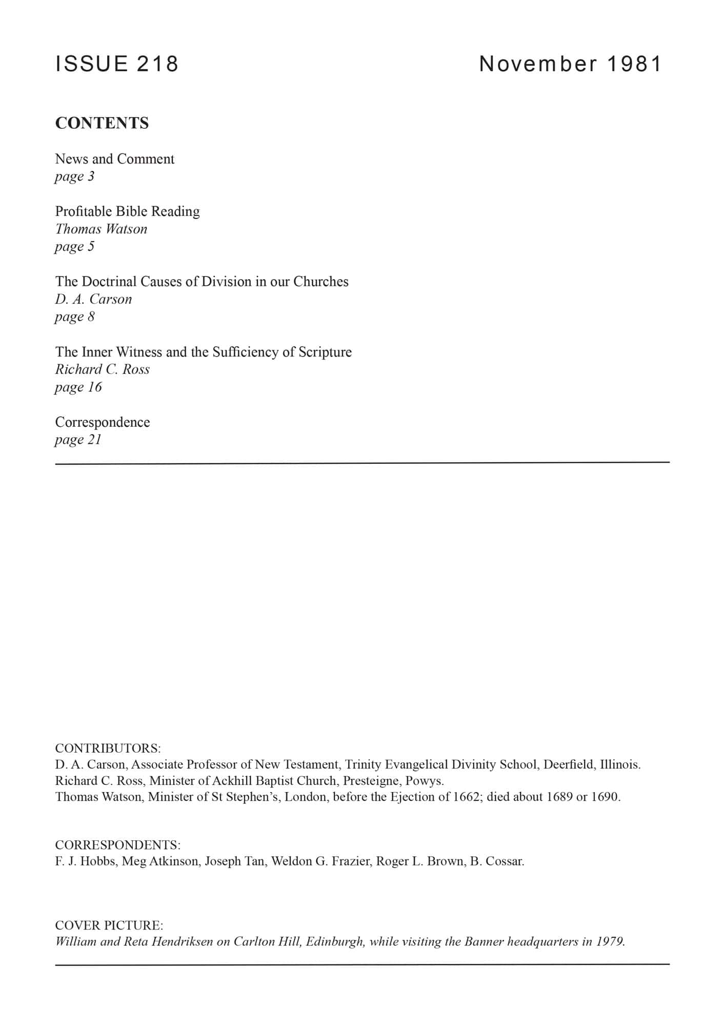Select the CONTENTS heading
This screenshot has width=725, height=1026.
[102, 123]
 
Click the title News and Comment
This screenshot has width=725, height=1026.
[115, 159]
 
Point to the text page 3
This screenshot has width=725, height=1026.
[75, 176]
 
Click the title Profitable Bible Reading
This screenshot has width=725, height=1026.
[128, 211]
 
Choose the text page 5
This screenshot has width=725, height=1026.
[75, 247]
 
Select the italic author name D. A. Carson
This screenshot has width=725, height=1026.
[93, 299]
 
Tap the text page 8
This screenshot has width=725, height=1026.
[75, 317]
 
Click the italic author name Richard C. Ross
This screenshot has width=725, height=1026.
[103, 369]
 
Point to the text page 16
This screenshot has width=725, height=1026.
[78, 387]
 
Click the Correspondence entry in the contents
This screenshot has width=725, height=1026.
[103, 422]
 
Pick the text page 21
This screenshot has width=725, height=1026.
[78, 440]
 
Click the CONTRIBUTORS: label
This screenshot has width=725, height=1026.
[108, 747]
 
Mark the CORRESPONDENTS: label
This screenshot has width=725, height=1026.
[118, 845]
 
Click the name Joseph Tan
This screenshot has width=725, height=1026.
[235, 861]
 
